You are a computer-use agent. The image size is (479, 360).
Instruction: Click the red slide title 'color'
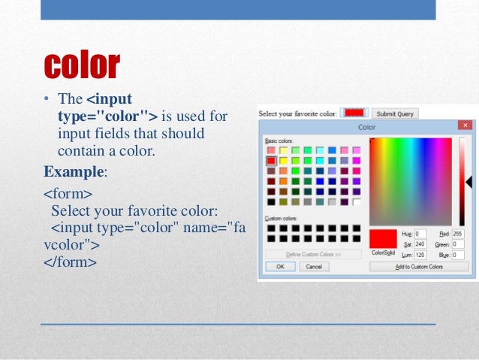[x=82, y=65]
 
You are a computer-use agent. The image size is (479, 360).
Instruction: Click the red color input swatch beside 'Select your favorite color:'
[x=354, y=113]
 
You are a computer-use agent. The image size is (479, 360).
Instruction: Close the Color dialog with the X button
[x=465, y=126]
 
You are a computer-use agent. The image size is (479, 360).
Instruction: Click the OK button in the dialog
[x=280, y=266]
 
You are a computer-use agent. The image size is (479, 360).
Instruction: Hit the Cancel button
[x=314, y=266]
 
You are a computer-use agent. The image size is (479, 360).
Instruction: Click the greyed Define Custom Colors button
[x=313, y=254]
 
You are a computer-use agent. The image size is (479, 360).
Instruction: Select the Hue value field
[x=420, y=234]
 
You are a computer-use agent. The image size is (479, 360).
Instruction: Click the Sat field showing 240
[x=420, y=244]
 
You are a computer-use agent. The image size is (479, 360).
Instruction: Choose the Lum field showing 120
[x=420, y=254]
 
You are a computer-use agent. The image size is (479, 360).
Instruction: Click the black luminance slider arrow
[x=468, y=182]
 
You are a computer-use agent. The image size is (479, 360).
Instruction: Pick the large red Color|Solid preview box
[x=382, y=238]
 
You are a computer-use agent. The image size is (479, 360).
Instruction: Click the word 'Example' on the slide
[x=74, y=171]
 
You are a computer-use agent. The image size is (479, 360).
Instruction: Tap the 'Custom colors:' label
[x=279, y=219]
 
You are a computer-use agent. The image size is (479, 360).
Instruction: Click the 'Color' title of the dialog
[x=367, y=127]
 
